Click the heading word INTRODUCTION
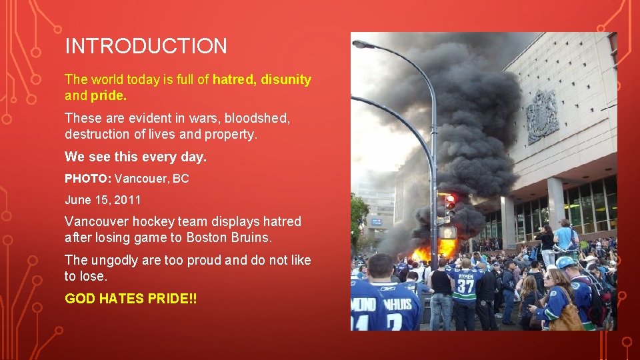(x=146, y=46)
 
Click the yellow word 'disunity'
(x=286, y=80)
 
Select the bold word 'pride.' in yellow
(x=107, y=95)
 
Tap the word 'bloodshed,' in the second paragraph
(x=257, y=118)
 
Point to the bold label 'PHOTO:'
(x=87, y=179)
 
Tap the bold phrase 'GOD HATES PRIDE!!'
(x=131, y=299)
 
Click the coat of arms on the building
(x=542, y=117)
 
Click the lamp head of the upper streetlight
(x=364, y=45)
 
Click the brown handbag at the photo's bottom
(x=567, y=319)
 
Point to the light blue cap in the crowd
(x=566, y=263)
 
